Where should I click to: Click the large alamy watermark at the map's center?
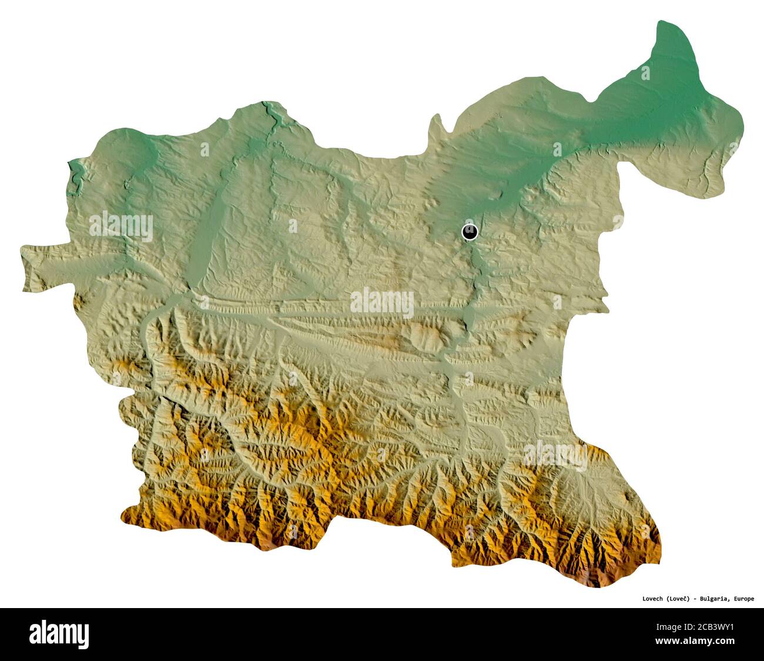pyautogui.click(x=382, y=302)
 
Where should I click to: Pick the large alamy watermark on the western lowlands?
pyautogui.click(x=121, y=226)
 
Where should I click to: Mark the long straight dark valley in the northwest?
pyautogui.click(x=206, y=235)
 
